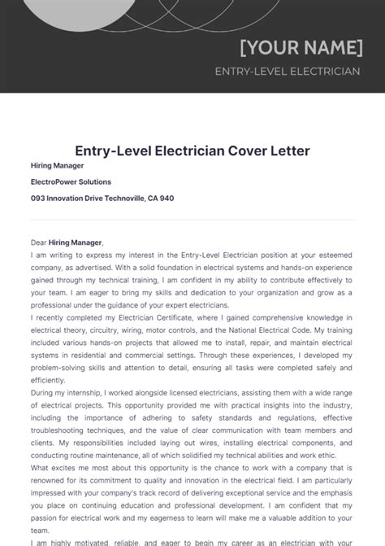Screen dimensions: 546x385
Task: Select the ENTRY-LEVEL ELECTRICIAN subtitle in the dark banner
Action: [x=287, y=72]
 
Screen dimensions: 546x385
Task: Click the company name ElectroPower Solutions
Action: [x=71, y=181]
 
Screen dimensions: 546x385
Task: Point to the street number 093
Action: [x=38, y=198]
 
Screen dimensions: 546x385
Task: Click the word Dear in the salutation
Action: [x=39, y=242]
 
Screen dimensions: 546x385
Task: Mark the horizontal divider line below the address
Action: [x=192, y=220]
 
